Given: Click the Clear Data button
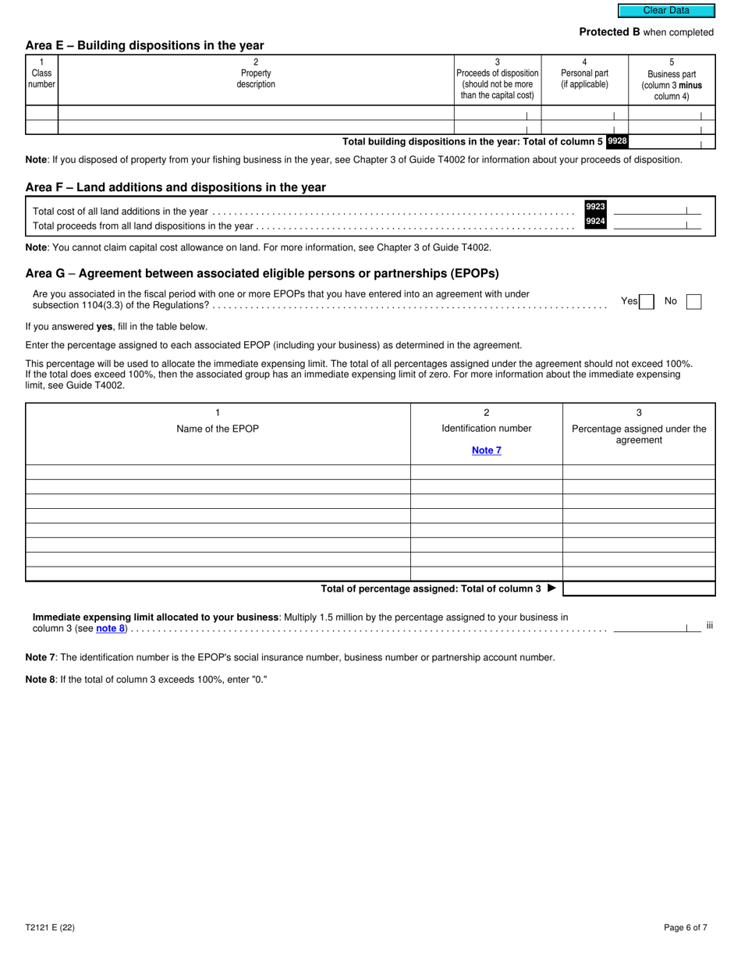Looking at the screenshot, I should click(666, 11).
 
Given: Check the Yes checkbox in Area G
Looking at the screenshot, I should click(647, 301).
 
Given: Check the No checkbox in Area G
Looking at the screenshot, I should click(693, 301).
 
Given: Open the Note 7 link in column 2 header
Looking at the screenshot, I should click(487, 450).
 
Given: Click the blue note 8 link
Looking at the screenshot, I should click(110, 628).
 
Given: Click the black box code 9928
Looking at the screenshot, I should click(617, 141).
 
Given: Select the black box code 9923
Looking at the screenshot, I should click(595, 207).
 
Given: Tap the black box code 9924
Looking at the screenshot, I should click(595, 222).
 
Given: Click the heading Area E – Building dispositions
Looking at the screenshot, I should click(144, 45).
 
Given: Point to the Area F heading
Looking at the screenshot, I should click(175, 187).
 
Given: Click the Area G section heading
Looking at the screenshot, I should click(262, 273).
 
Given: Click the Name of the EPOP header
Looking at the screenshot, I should click(218, 428).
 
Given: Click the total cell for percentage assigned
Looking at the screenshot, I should click(639, 588).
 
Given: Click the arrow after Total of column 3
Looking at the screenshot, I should click(552, 588).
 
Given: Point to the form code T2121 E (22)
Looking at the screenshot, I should click(50, 928).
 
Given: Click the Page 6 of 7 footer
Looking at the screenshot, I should click(686, 928).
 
